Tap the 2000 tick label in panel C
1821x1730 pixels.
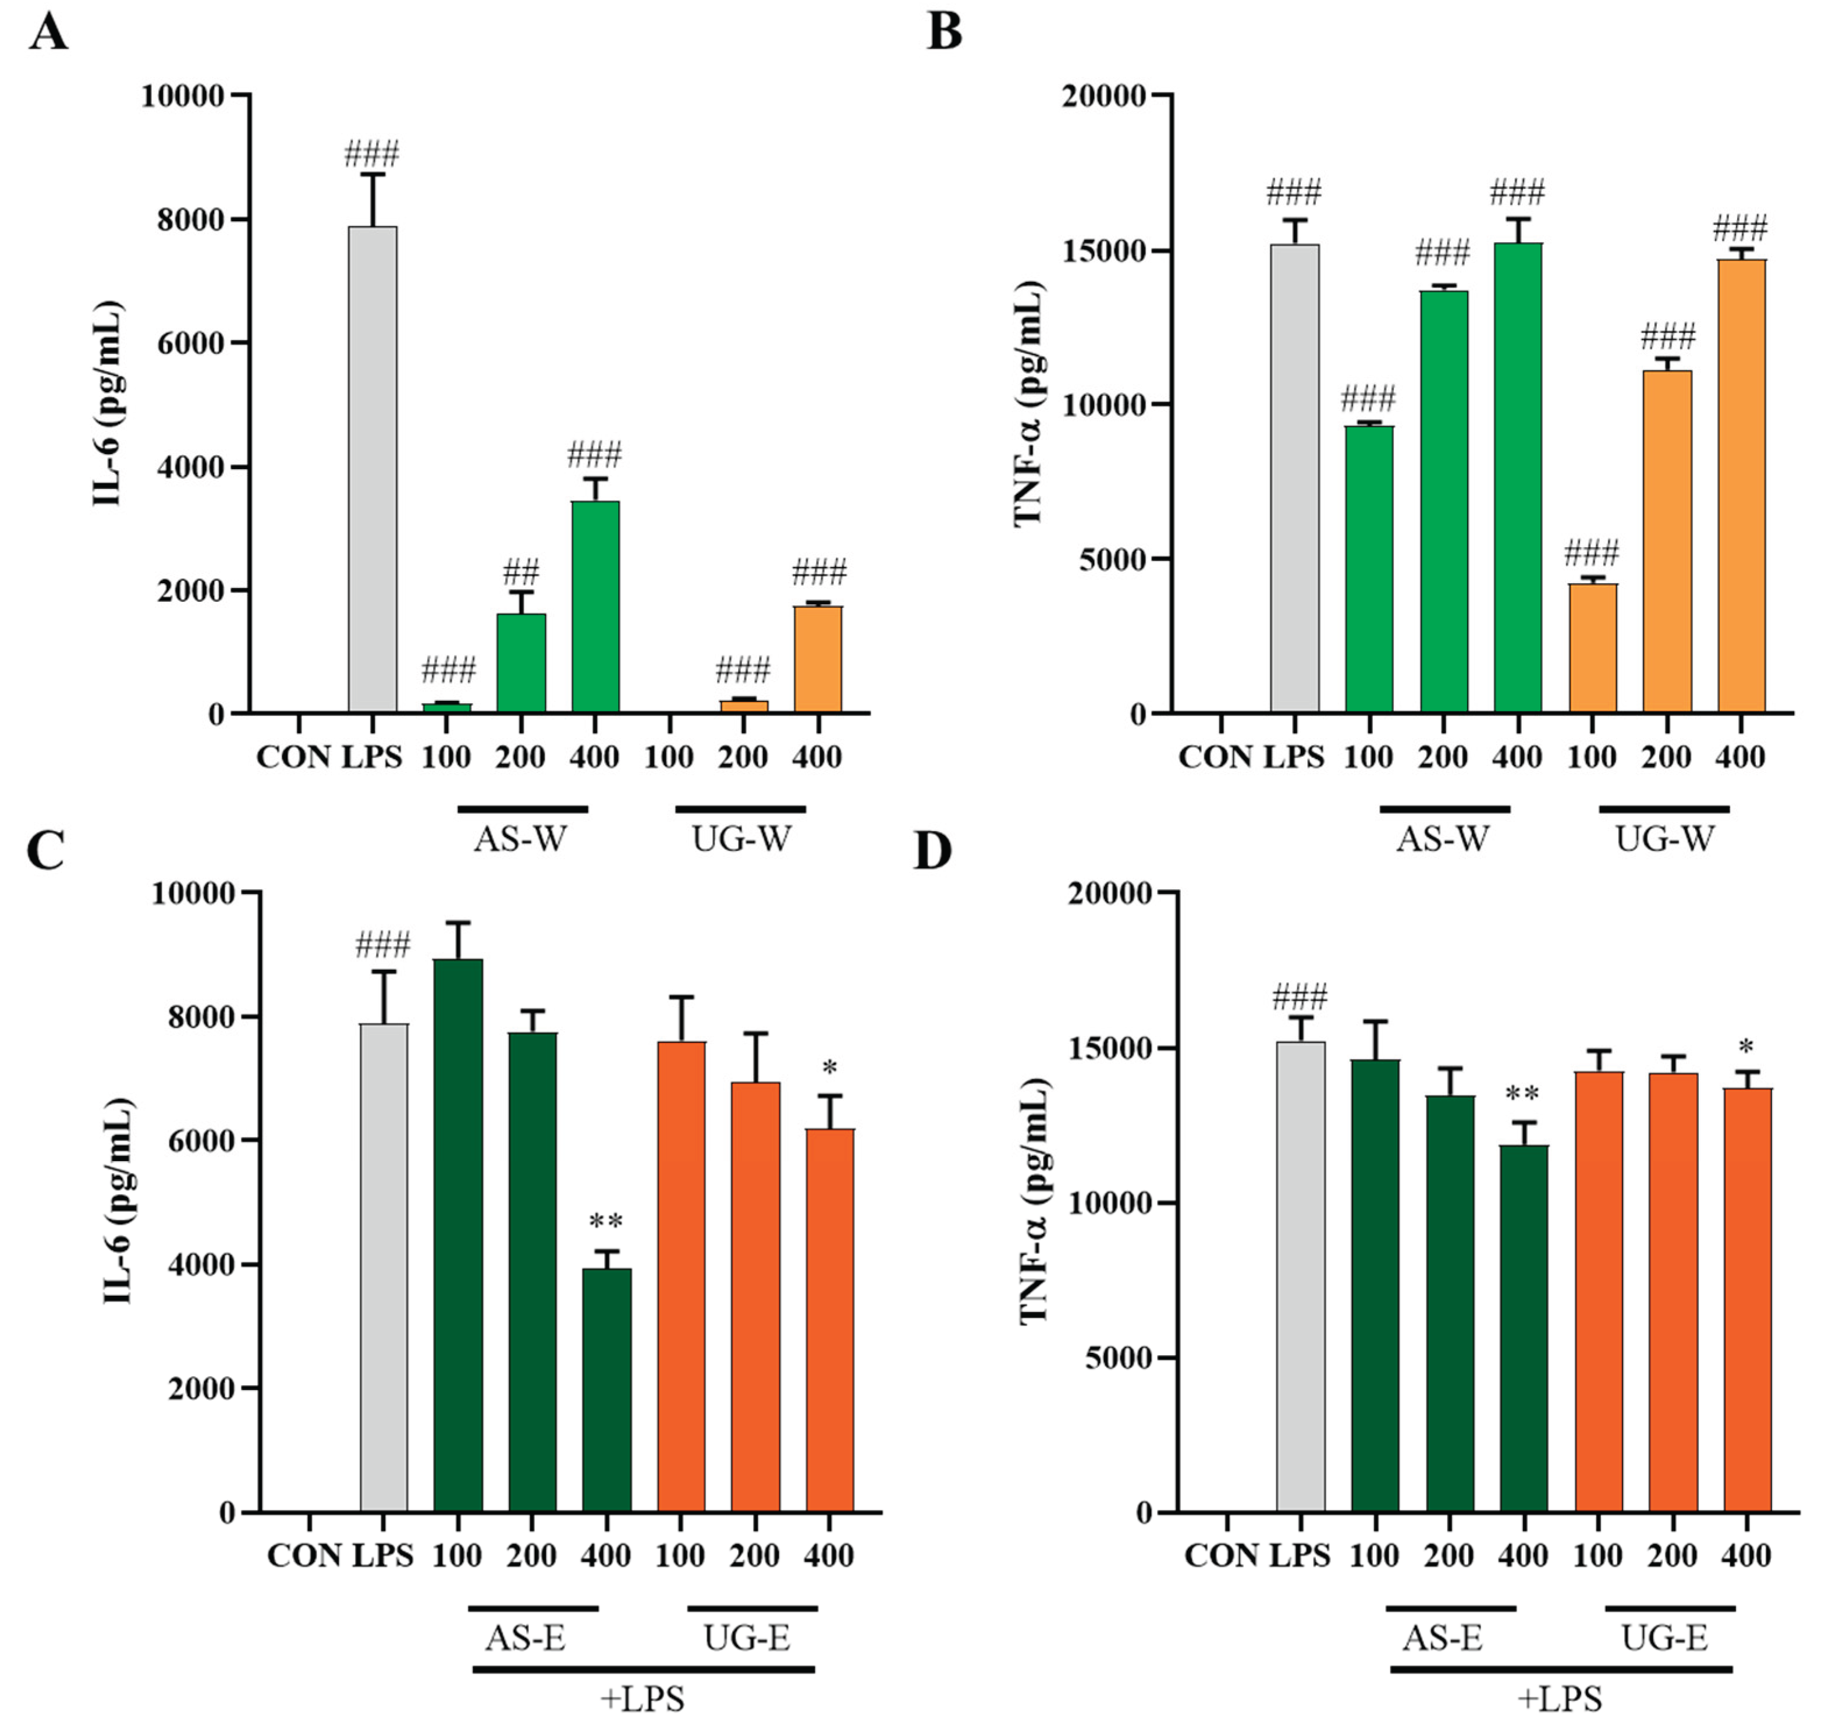201,1389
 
